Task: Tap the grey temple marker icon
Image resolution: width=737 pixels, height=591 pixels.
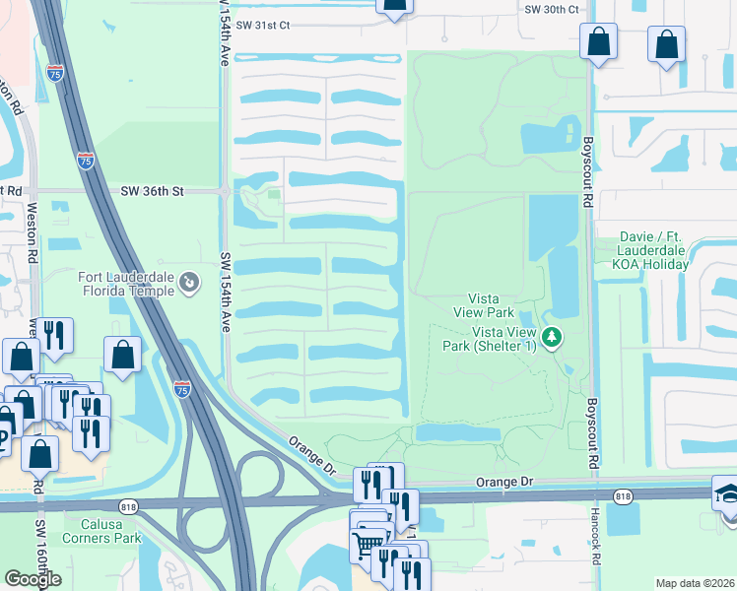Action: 188,284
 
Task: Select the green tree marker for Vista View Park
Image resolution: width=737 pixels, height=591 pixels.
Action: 552,338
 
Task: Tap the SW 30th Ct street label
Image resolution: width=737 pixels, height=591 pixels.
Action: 552,8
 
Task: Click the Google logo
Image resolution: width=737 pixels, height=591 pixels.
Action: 33,579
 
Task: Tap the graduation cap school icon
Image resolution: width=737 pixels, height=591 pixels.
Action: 726,492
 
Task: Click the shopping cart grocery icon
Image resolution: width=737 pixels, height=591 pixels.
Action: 367,543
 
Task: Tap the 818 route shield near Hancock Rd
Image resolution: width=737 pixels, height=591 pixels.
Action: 622,496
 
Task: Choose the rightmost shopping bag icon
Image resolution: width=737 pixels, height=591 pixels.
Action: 667,44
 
